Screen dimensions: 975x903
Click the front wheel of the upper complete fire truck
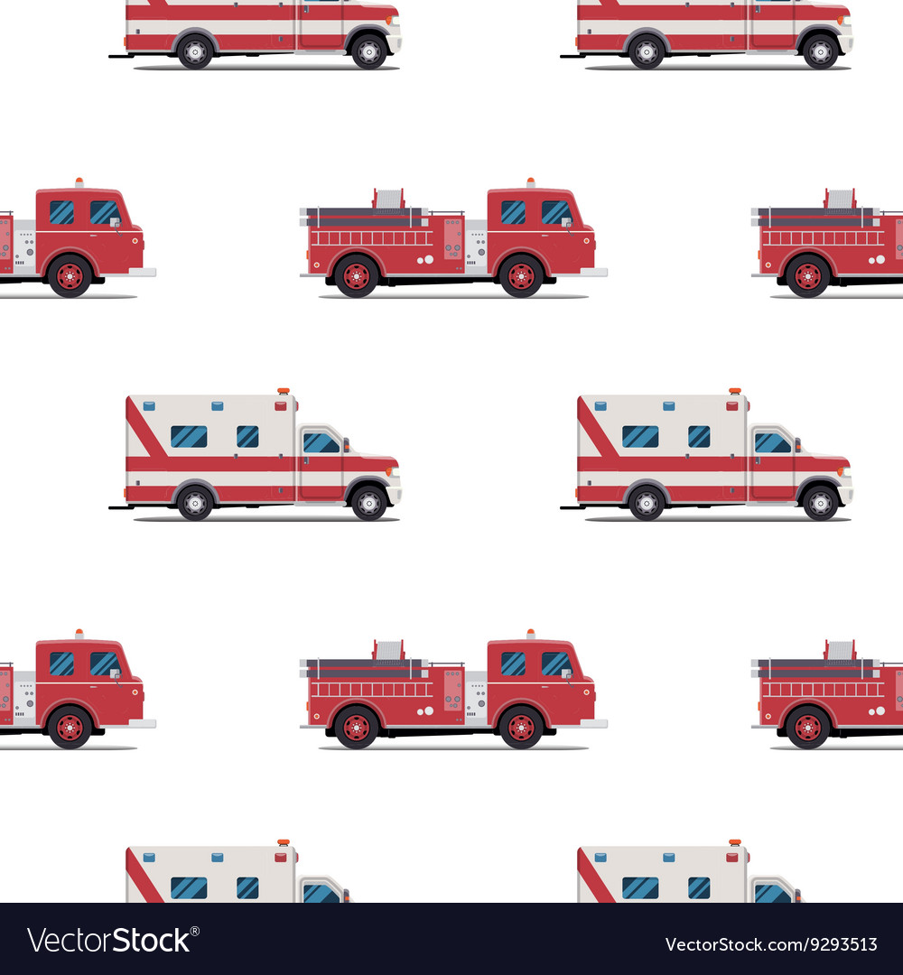(x=521, y=275)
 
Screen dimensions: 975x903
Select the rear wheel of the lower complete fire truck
(x=357, y=727)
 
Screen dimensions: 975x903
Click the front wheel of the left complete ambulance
(x=368, y=503)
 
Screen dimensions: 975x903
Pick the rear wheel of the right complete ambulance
(x=647, y=503)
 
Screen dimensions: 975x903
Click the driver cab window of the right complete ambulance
(x=772, y=442)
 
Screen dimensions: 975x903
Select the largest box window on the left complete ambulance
(x=189, y=437)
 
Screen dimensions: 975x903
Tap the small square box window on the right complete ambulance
(x=699, y=437)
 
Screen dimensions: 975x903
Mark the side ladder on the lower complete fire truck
(x=371, y=690)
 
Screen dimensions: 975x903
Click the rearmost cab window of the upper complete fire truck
(x=513, y=212)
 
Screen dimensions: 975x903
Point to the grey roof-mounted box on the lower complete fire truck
(x=388, y=650)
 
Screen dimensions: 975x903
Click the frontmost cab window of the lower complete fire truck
(x=555, y=664)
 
